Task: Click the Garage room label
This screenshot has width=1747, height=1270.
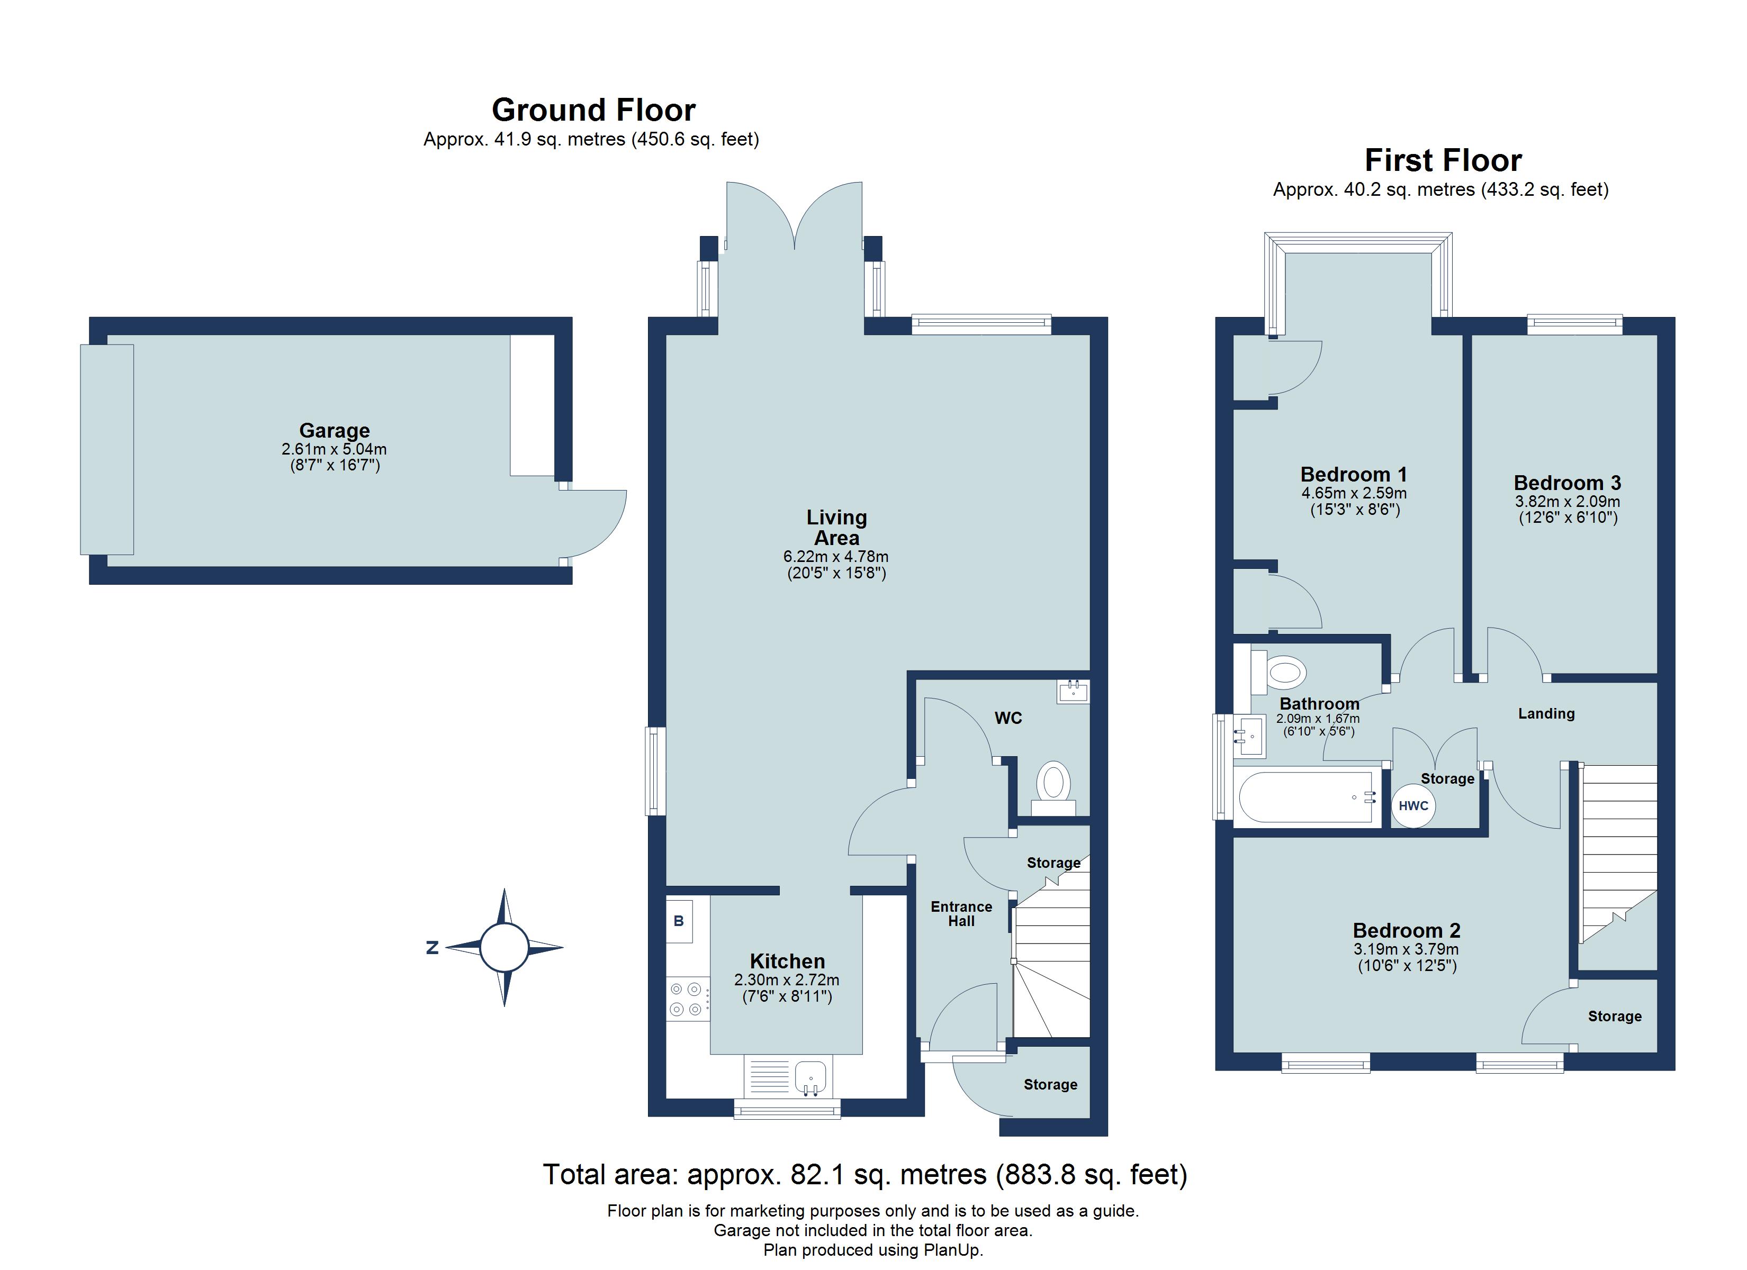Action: (334, 431)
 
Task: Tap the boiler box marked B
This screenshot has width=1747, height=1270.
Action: (679, 921)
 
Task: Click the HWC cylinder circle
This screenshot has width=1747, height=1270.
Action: (1413, 805)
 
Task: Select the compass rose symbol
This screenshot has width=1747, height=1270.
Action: (505, 947)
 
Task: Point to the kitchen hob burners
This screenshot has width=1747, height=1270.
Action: (686, 999)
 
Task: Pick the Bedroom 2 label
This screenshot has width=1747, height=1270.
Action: (1407, 930)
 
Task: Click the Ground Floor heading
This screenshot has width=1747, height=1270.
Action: (594, 110)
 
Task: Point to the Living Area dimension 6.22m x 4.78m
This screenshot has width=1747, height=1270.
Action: (836, 557)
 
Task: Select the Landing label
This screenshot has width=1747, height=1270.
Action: (1546, 714)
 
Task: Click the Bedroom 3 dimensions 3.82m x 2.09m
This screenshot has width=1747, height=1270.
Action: (1568, 501)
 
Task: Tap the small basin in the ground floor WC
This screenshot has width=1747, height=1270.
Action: (1073, 692)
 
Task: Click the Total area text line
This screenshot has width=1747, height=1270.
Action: (865, 1175)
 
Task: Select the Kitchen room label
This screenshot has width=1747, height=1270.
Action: (787, 961)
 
